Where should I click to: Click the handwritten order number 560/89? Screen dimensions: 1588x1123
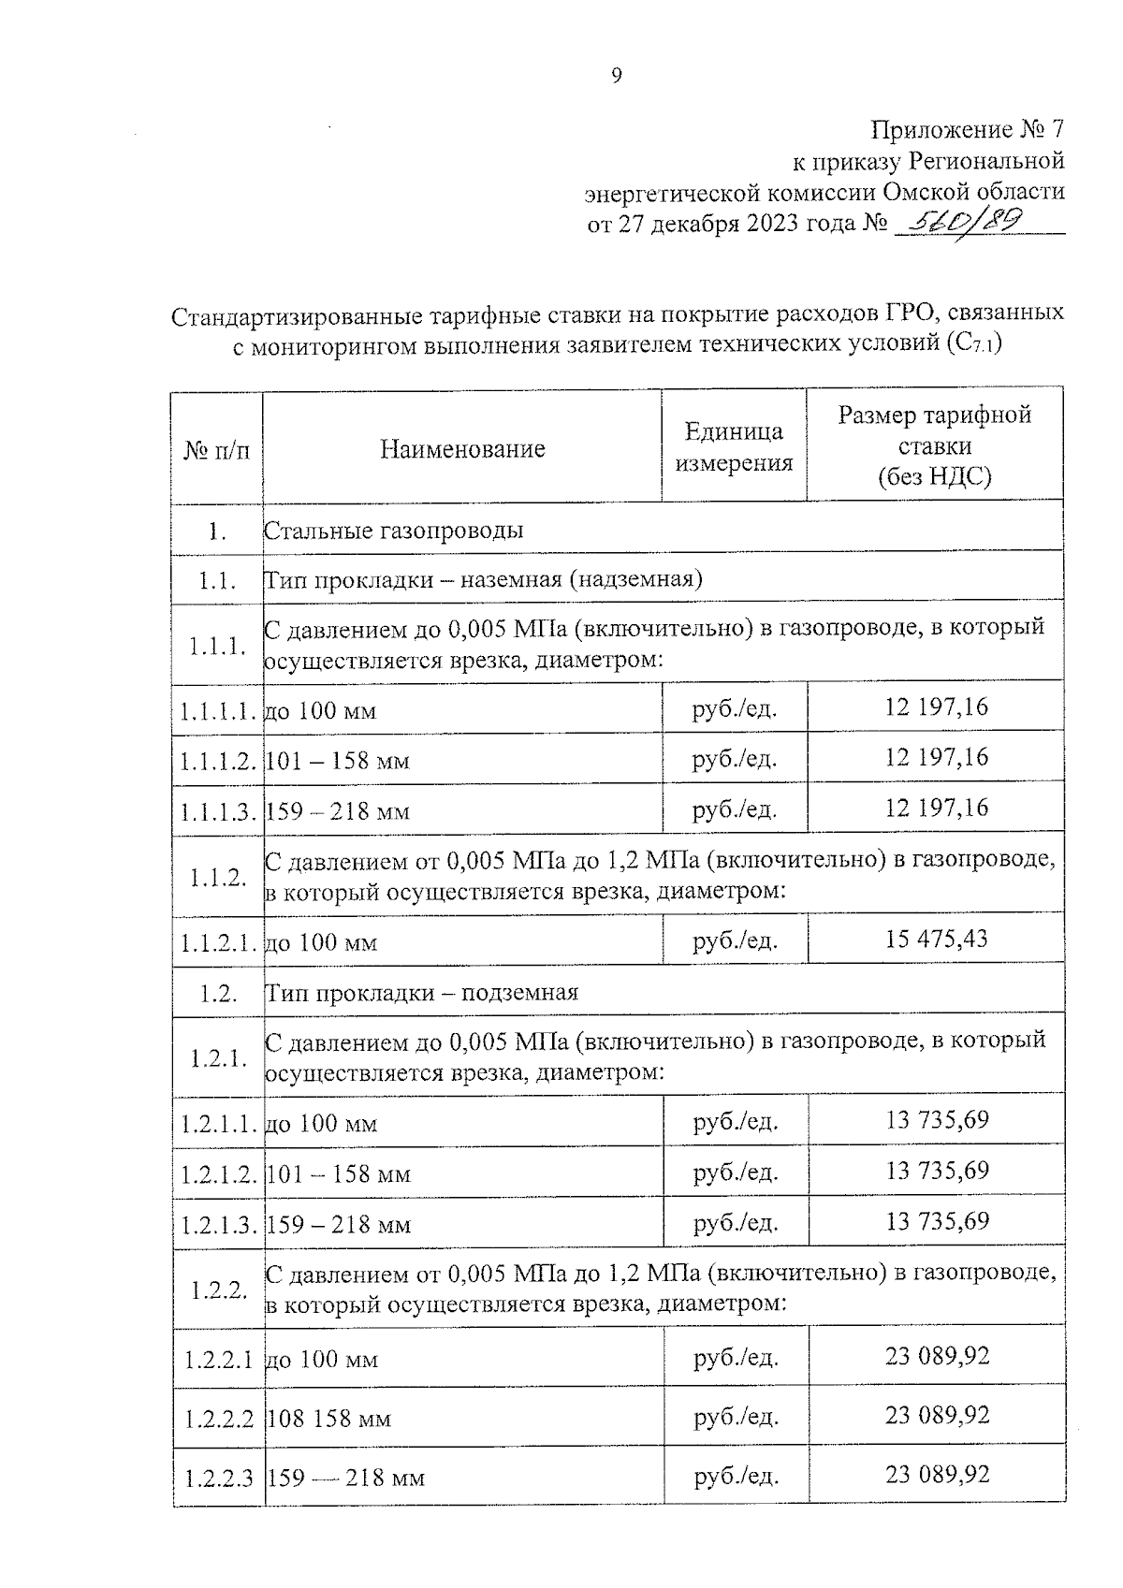[x=957, y=222]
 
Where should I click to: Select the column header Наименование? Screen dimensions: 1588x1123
[x=462, y=448]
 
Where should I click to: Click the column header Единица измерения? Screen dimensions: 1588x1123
[x=735, y=447]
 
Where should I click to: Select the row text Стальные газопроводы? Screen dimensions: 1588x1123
[x=394, y=531]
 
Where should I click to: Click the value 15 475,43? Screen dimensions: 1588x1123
[x=936, y=938]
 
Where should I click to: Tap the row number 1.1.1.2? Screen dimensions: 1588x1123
[x=218, y=761]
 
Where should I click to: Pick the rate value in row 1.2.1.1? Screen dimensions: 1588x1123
[x=937, y=1119]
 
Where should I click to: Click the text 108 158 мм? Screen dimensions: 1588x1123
[x=329, y=1419]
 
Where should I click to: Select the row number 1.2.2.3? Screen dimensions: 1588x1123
[x=219, y=1478]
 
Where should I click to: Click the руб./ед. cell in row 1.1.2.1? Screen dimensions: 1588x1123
[x=735, y=940]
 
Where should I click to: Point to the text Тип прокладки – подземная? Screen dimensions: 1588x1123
[x=422, y=992]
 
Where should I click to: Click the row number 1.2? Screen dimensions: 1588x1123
[x=217, y=993]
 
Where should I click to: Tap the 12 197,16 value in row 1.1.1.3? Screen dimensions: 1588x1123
[x=936, y=807]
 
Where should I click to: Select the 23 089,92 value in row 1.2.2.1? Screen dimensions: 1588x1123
[x=937, y=1355]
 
